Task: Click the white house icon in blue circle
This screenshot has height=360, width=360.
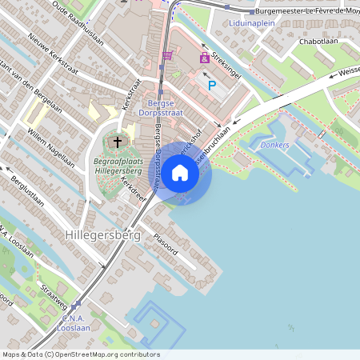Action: tap(180, 173)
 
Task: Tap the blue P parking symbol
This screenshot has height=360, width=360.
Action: tap(212, 85)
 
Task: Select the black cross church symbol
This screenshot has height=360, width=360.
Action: tap(118, 142)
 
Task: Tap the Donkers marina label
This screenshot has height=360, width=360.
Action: tap(274, 145)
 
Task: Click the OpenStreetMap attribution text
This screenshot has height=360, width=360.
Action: tap(81, 354)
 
